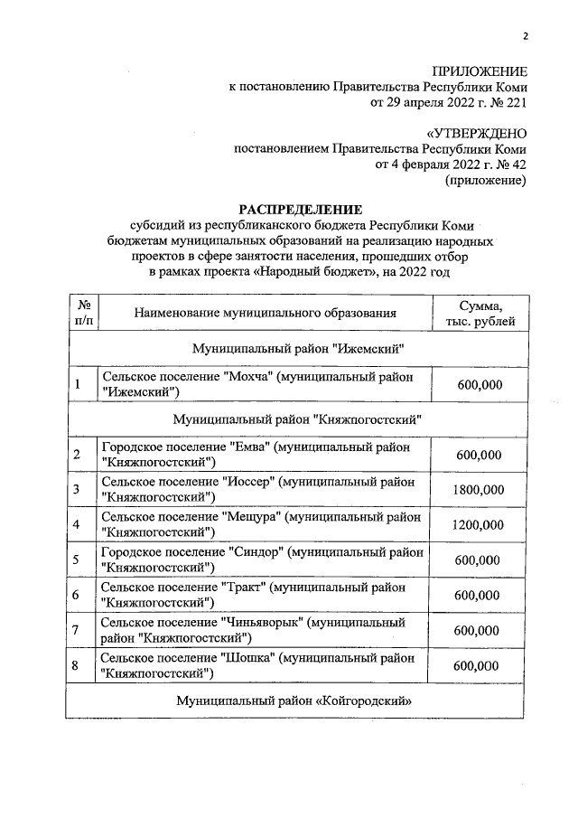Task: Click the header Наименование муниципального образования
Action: pos(266,314)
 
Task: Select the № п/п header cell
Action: pos(83,314)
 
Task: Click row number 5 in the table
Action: pos(77,560)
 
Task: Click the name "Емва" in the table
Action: pos(249,447)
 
